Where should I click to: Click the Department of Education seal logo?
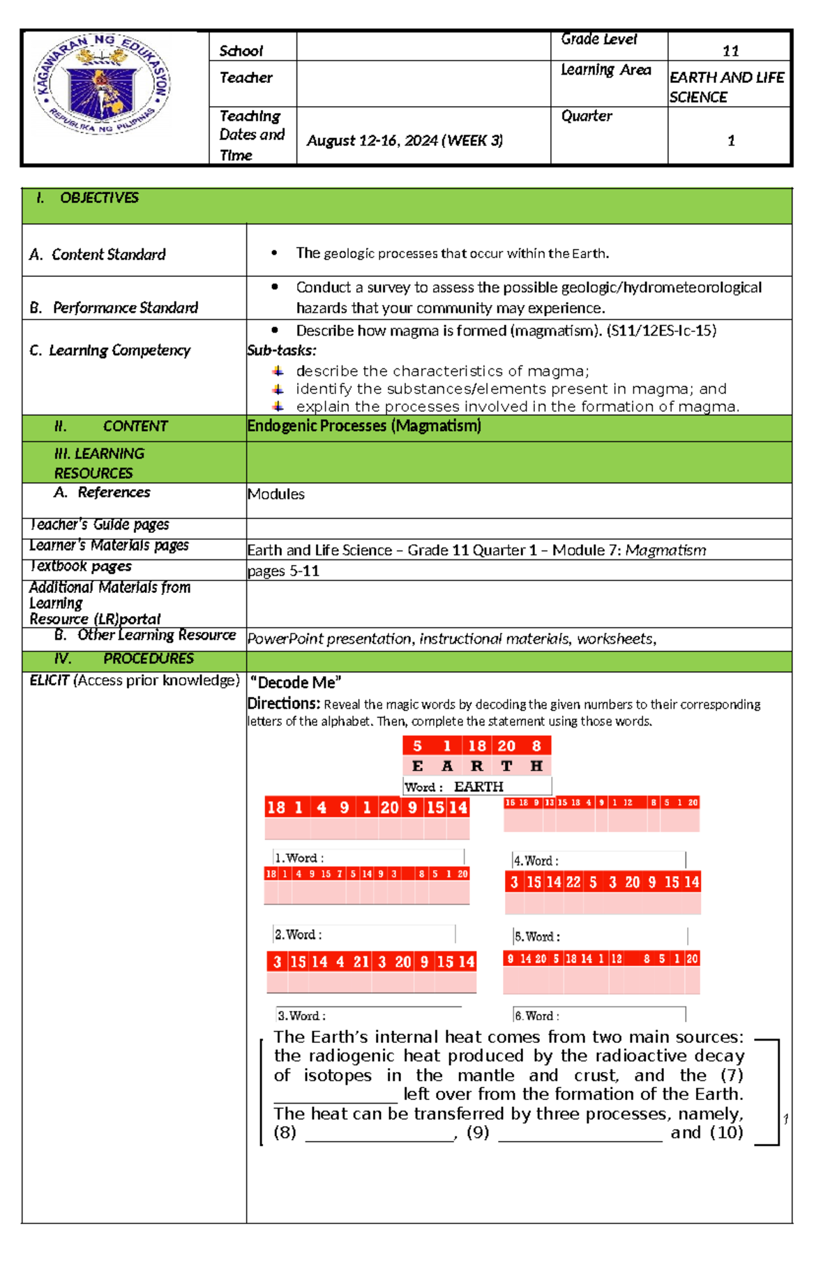coord(102,84)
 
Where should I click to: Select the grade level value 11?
coord(730,51)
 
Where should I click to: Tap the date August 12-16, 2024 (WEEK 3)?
coord(405,141)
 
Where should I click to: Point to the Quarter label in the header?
coord(587,116)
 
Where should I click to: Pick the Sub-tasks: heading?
coord(282,351)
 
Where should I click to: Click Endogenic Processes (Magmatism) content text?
coord(364,426)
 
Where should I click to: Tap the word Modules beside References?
coord(276,495)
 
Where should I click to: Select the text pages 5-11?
coord(283,571)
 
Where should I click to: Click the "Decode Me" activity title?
coord(296,683)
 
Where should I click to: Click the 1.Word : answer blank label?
coord(300,858)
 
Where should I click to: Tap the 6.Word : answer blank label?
coord(537,1016)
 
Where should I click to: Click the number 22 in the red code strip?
coord(573,882)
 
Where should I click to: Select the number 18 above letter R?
coord(477,746)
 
